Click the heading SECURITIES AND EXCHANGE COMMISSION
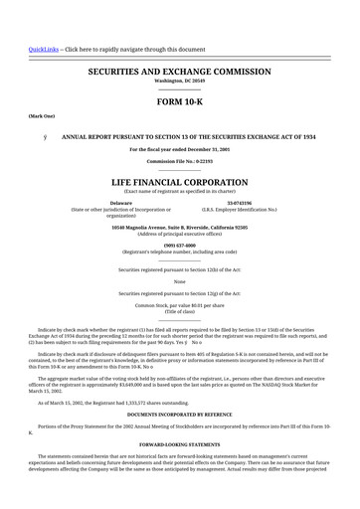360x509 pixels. (180, 73)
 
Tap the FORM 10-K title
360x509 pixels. (179, 102)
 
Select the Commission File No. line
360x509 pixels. (179, 159)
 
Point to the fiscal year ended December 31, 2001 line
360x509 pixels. (179, 148)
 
